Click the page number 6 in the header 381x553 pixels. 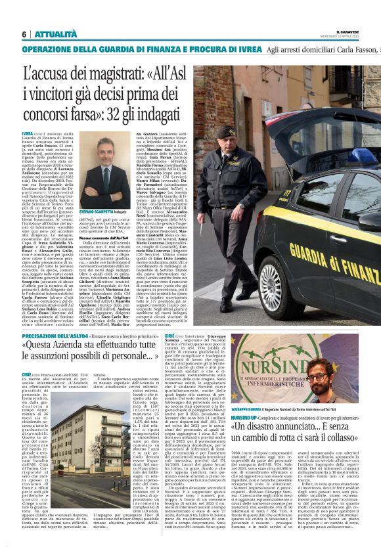24,34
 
